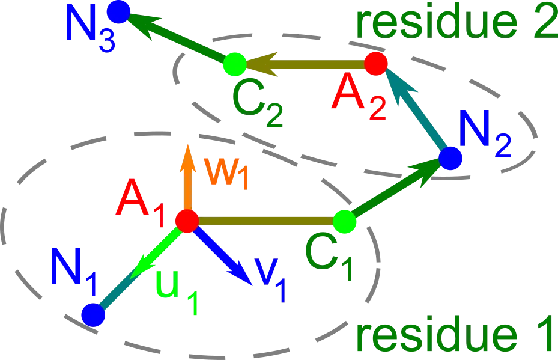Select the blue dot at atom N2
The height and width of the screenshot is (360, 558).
click(450, 158)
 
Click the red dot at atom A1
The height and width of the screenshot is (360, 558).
click(187, 221)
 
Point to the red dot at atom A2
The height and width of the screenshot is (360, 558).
click(376, 63)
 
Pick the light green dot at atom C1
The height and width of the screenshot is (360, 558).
click(344, 222)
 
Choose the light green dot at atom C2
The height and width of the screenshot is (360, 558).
click(234, 63)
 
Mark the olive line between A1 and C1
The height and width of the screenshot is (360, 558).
click(264, 221)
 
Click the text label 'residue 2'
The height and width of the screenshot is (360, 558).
click(456, 21)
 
